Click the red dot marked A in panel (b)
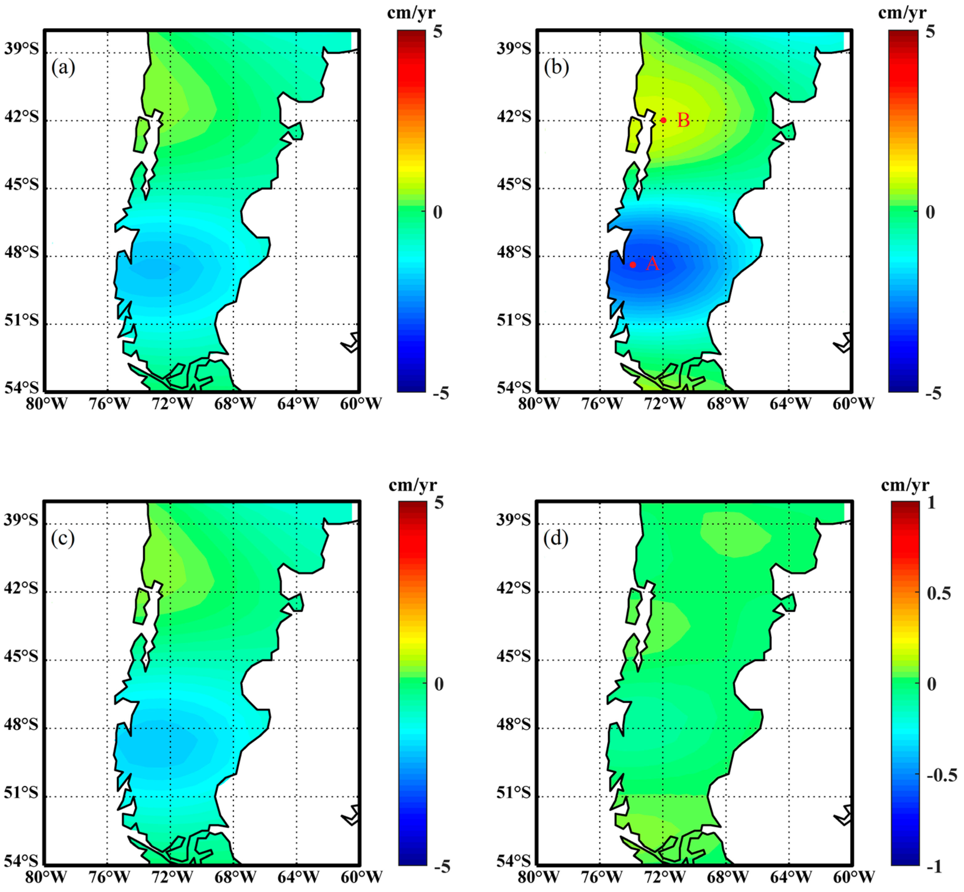click(x=632, y=265)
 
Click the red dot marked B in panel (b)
click(x=663, y=120)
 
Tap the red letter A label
click(x=652, y=264)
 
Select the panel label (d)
click(x=556, y=538)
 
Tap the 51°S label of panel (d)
click(x=513, y=793)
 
